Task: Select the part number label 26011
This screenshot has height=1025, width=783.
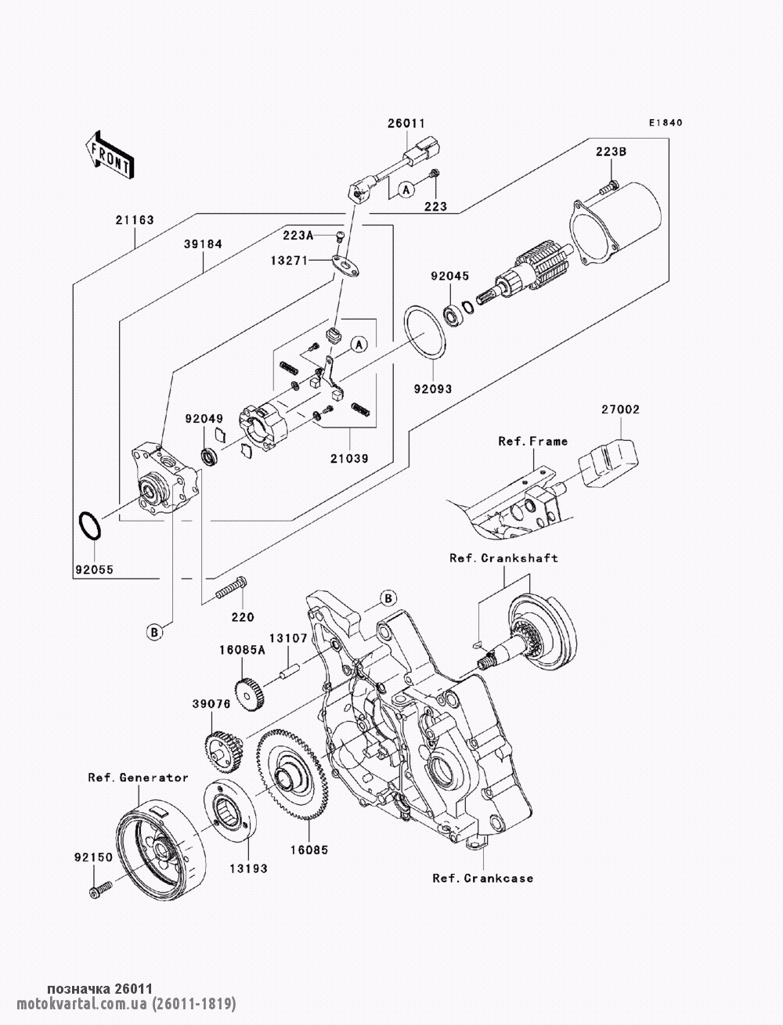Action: (x=406, y=124)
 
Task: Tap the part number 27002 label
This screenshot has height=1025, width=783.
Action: (x=620, y=410)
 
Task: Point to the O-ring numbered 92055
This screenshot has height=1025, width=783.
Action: (x=90, y=525)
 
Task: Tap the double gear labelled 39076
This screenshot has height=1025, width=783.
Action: (x=224, y=750)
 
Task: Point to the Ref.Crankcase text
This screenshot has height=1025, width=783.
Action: (x=482, y=878)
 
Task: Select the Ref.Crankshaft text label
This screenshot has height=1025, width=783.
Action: (x=503, y=558)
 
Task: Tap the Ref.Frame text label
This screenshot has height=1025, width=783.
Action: (x=533, y=442)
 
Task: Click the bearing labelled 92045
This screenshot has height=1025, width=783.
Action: (x=453, y=316)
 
